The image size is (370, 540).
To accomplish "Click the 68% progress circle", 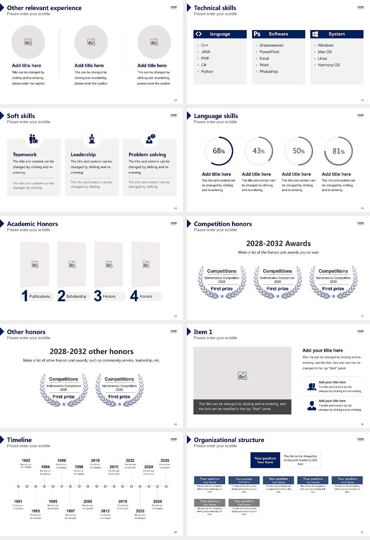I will (219, 151).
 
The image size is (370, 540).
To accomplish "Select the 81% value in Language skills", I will (338, 151).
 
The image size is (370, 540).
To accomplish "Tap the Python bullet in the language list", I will (207, 72).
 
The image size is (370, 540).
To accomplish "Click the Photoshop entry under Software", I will (269, 72).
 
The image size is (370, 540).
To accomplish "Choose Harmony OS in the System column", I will (329, 65).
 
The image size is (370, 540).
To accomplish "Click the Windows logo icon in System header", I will (315, 34).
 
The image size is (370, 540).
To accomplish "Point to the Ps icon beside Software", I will (257, 34).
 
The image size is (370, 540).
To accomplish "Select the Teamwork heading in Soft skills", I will (25, 155).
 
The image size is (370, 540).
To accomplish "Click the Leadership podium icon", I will (92, 138).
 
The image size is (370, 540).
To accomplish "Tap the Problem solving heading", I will (147, 155).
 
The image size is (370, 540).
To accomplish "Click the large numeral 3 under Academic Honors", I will (98, 296).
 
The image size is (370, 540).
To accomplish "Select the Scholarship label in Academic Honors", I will (76, 297).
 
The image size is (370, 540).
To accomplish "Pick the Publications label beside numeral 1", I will (40, 297).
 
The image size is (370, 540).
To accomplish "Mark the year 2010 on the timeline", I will (95, 461).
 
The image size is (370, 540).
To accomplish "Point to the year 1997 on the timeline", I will (71, 511).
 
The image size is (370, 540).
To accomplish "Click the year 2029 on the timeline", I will (165, 461).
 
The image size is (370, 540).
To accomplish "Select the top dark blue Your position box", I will (265, 460).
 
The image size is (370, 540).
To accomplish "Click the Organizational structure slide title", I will (229, 440).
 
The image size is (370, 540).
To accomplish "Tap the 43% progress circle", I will (259, 151).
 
